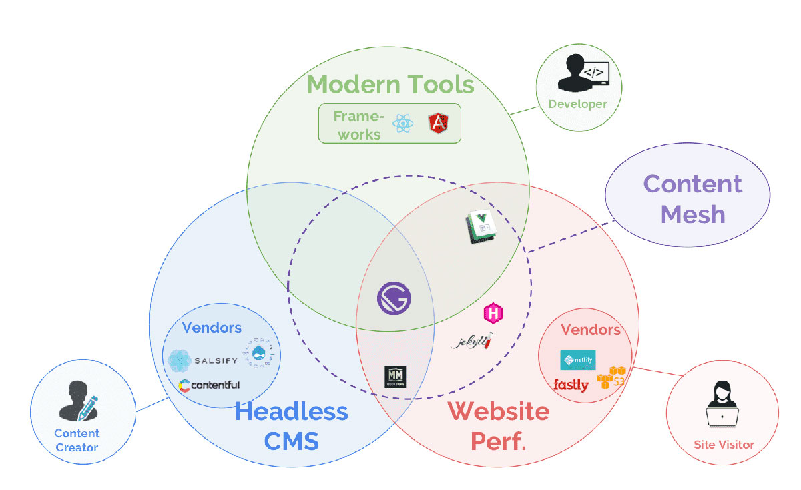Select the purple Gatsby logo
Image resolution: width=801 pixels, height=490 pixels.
394,298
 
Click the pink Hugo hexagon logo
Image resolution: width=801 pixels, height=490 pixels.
494,313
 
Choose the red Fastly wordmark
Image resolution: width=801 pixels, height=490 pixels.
571,385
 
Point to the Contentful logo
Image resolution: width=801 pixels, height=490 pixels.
210,385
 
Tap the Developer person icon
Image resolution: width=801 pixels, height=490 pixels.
578,73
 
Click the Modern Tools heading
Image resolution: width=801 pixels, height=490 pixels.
390,85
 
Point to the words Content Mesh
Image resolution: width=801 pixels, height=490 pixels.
693,199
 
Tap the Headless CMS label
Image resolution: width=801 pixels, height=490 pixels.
292,425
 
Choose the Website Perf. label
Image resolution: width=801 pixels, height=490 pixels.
499,425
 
